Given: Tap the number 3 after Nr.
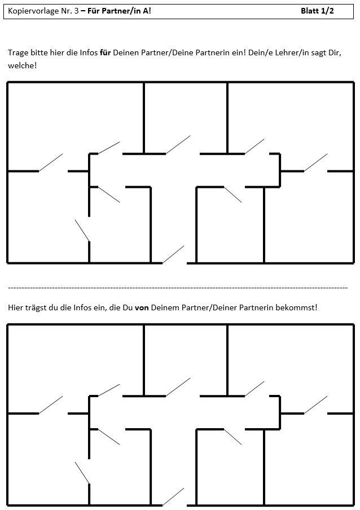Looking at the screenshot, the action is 76,11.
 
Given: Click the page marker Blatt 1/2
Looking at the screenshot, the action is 317,11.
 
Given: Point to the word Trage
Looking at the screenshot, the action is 18,53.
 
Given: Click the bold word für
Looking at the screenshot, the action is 106,52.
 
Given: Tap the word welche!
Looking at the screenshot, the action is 23,65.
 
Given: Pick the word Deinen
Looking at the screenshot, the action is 126,52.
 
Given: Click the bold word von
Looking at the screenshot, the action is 142,307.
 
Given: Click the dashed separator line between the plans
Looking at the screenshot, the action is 178,288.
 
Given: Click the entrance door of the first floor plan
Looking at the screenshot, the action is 173,254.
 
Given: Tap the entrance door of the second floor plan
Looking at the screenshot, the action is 173,496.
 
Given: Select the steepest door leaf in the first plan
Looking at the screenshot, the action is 82,231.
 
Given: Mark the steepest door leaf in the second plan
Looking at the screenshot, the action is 82,473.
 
